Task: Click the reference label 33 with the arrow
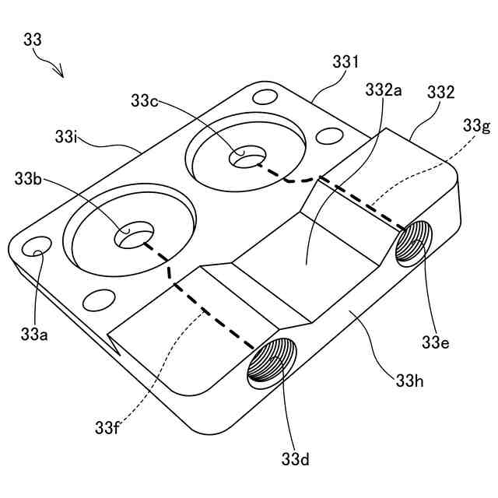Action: point(33,40)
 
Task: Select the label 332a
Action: point(383,90)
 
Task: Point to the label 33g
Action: point(475,125)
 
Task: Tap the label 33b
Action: point(30,178)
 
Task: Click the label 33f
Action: point(109,427)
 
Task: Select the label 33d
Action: point(296,460)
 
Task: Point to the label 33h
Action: point(409,381)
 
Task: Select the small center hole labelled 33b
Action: point(134,236)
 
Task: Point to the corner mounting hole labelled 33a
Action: point(36,247)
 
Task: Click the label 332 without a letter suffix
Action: point(440,93)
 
